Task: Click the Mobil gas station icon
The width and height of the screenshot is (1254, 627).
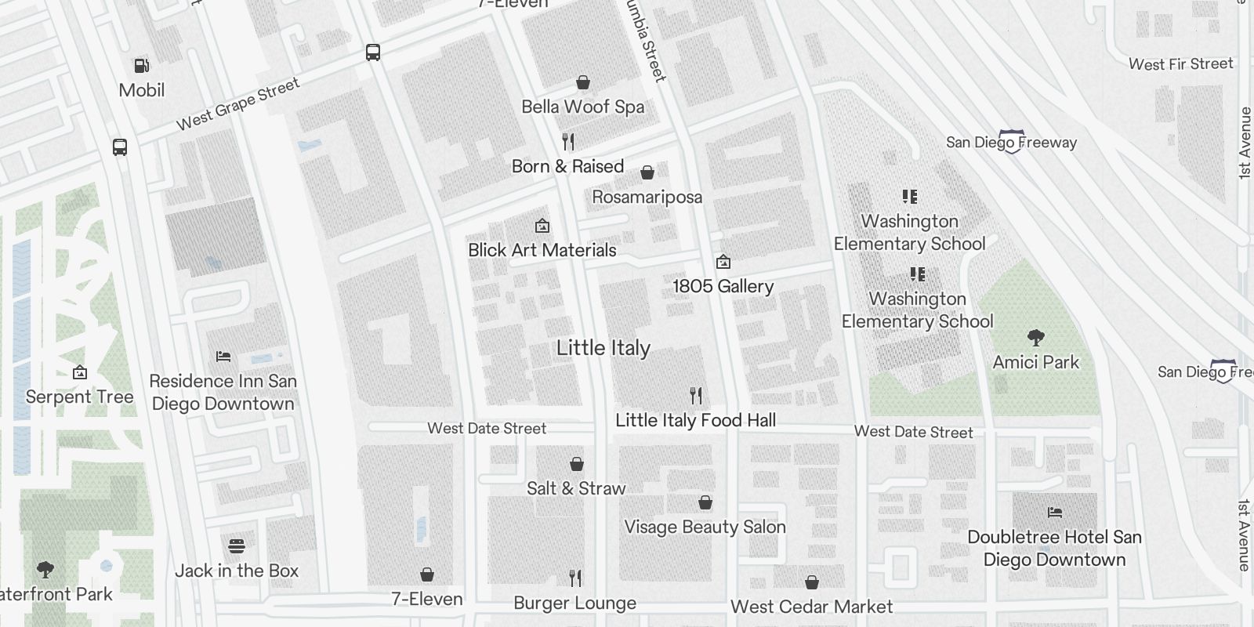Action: point(142,66)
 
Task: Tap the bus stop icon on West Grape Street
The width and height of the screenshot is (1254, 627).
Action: point(373,53)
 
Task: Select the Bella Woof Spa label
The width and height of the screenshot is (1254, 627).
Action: point(583,107)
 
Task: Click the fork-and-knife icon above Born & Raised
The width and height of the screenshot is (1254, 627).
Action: point(568,142)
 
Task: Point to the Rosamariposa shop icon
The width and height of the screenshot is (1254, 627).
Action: point(647,172)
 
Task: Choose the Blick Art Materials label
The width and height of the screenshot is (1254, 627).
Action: point(542,250)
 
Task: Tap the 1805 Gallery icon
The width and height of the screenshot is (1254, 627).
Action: point(723,261)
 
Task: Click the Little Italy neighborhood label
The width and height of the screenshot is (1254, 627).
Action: point(603,348)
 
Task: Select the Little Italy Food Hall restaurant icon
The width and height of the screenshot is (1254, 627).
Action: point(695,395)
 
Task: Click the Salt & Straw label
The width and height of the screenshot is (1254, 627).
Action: point(576,488)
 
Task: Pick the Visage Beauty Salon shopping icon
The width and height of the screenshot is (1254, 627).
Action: point(705,502)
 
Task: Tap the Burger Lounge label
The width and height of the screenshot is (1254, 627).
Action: point(574,603)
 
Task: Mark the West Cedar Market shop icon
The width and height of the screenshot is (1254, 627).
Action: point(812,582)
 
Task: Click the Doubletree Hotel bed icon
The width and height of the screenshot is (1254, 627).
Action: point(1055,513)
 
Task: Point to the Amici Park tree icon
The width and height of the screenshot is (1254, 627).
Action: point(1035,338)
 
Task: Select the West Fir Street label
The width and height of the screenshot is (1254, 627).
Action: point(1180,64)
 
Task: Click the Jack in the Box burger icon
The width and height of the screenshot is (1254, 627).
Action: point(237,545)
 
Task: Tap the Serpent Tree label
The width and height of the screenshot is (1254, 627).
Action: point(79,397)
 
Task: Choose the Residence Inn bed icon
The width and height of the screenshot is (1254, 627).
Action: point(223,356)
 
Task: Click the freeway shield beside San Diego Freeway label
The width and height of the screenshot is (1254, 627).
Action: point(1012,142)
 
